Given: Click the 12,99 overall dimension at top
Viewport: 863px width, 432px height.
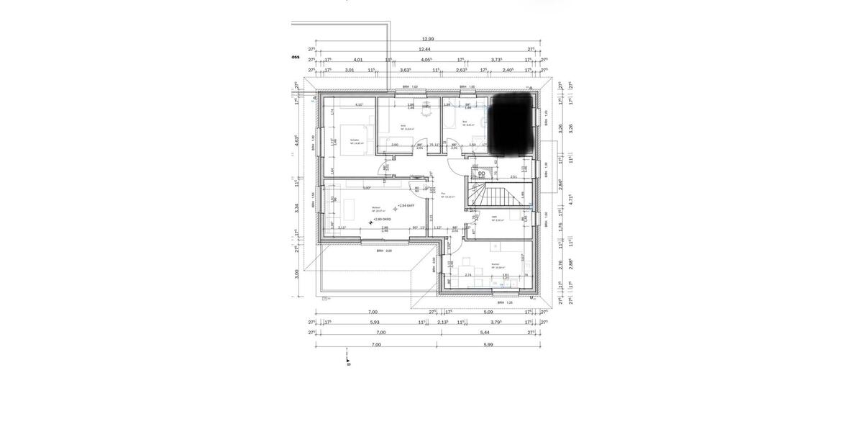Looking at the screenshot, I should pos(428,39).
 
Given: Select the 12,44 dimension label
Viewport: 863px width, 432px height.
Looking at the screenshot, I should pos(428,50).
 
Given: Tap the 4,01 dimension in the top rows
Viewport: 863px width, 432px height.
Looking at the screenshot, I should pos(358,60).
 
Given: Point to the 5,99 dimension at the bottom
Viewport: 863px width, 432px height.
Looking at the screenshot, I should pos(488,344).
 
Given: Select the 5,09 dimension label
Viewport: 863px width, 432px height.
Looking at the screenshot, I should pos(488,312).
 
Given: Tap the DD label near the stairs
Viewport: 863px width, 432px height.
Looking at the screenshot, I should pos(482,173).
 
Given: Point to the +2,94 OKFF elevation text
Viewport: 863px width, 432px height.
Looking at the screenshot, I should pos(406,205).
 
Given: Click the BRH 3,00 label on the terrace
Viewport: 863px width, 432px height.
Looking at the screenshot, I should pos(384,251).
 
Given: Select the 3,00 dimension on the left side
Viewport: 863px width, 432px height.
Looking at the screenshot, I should pos(296,273).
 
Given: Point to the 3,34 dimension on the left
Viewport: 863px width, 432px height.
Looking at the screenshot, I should pos(296,208).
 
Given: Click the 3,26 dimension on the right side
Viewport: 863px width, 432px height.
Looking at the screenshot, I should pos(570,127).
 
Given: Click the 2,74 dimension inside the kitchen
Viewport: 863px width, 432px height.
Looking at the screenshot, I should pos(468,274).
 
